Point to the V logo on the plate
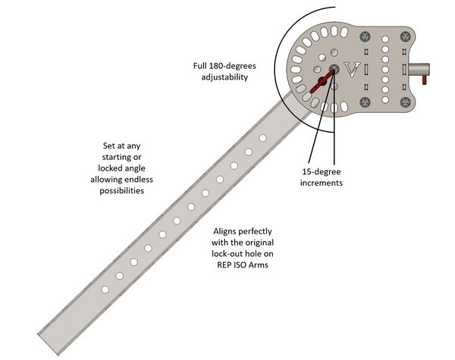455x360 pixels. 351,69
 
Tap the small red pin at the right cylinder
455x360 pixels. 425,75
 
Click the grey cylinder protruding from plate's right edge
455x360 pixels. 418,69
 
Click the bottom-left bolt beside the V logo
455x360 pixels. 366,100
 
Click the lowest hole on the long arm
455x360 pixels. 117,277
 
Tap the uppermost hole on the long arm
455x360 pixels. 262,138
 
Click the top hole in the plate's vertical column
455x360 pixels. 385,38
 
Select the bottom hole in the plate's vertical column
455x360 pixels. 385,101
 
